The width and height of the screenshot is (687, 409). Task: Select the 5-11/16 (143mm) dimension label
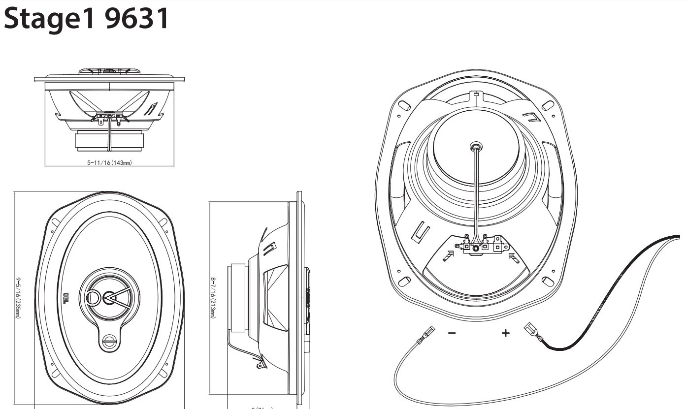tap(109, 163)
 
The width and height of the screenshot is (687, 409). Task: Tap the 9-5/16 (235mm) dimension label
tap(18, 297)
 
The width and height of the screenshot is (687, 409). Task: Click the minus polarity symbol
tap(452, 333)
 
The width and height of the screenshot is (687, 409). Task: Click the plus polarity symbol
tap(505, 333)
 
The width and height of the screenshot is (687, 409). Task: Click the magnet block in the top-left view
tap(109, 141)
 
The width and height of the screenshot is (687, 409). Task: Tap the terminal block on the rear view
tap(476, 246)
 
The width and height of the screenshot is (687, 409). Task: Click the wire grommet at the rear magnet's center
tap(475, 146)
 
